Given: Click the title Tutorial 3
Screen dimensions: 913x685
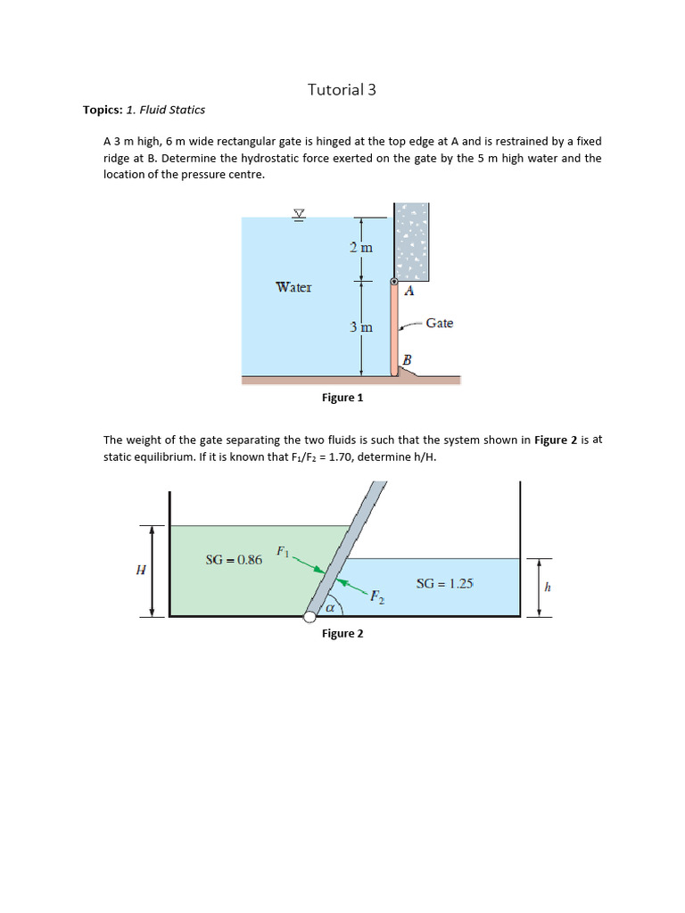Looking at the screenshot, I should click(335, 89).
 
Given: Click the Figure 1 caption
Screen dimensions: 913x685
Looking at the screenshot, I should click(342, 398).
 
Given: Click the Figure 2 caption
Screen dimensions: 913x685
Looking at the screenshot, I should click(342, 633).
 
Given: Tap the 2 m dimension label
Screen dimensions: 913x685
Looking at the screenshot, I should click(361, 247).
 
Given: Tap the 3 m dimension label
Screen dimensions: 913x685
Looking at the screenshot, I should click(361, 327).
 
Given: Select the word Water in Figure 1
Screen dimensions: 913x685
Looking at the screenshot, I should click(293, 287).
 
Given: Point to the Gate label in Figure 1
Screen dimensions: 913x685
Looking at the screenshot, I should click(439, 323).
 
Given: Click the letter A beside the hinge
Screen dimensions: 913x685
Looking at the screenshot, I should click(409, 291).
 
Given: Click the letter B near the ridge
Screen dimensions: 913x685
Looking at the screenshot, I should click(408, 359).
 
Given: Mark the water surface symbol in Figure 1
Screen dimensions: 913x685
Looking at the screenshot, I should click(299, 214).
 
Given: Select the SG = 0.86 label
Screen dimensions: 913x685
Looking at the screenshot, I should click(234, 560).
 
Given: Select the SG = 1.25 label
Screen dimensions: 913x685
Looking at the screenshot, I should click(444, 584).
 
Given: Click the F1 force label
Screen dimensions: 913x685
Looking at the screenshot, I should click(283, 552).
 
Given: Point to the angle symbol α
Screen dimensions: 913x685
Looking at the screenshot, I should click(329, 608).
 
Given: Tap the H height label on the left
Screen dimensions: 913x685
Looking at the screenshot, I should click(140, 571).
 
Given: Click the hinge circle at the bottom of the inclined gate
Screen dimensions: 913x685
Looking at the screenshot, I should click(309, 616).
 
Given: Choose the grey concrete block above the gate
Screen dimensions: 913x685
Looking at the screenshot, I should click(411, 240).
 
